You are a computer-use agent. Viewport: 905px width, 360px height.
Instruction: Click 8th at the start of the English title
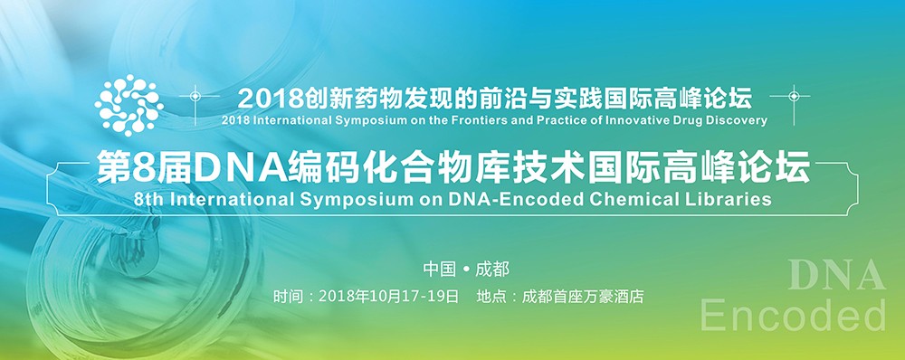point(147,198)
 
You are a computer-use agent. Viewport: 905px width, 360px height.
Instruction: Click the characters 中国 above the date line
point(438,269)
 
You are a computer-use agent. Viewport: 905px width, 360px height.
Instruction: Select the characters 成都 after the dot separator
point(492,269)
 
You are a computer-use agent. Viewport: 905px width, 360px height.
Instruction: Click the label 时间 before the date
point(285,296)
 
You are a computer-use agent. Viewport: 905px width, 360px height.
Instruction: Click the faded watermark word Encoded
point(794,315)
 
